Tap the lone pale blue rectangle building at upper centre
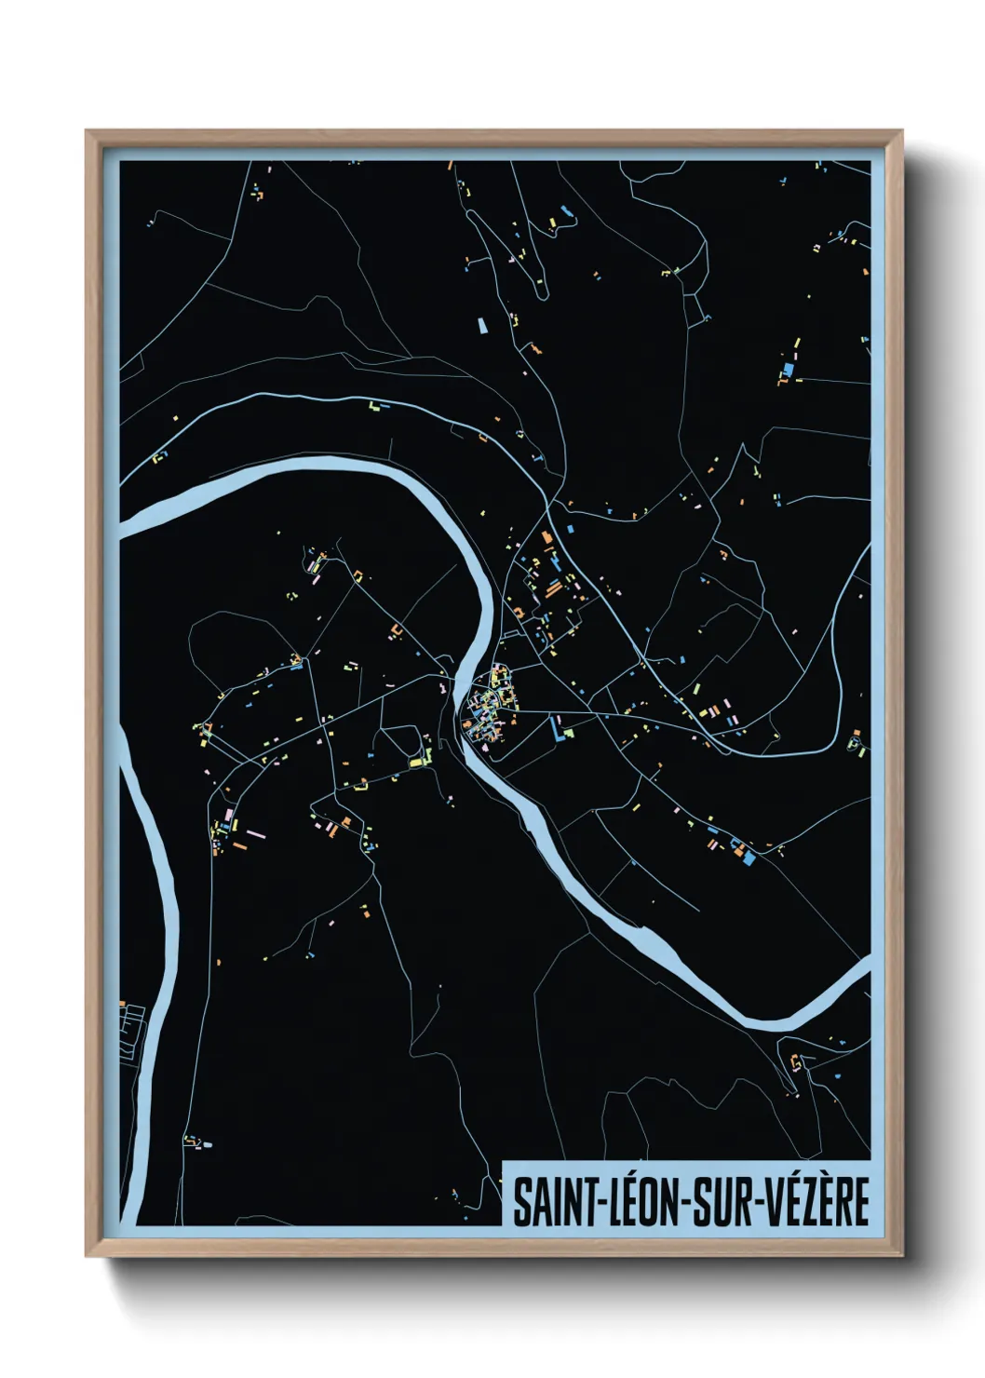[482, 325]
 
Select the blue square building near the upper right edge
[789, 370]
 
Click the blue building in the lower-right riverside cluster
[748, 858]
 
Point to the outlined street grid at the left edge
[133, 1029]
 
